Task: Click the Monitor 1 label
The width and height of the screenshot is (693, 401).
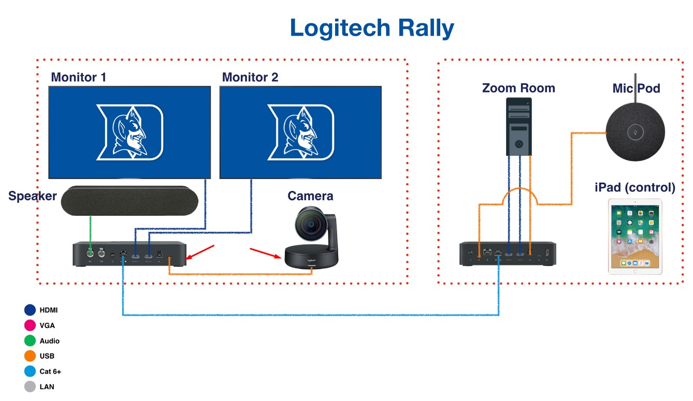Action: (78, 77)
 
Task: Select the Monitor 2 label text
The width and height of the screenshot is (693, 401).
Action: (250, 77)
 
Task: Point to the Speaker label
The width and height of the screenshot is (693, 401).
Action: (32, 196)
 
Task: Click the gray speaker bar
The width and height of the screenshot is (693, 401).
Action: (129, 200)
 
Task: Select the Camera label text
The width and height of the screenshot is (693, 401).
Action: (310, 196)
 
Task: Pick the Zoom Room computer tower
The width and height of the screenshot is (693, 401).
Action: (519, 126)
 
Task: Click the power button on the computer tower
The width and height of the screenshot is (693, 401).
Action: (519, 144)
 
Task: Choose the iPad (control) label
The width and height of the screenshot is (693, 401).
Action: (635, 187)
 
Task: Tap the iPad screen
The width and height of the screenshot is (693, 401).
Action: (635, 236)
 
